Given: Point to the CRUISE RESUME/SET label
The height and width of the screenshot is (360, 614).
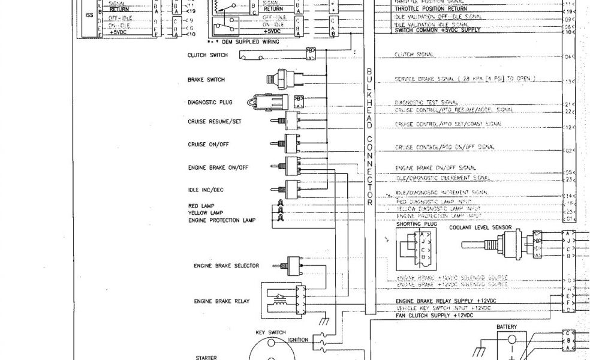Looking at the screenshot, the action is [214, 121].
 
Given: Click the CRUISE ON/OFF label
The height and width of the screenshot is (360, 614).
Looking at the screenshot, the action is [208, 145].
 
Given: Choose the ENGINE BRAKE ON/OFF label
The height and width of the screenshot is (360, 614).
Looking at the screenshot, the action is [218, 167].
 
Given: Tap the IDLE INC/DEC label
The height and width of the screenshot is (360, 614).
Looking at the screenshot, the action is [206, 190].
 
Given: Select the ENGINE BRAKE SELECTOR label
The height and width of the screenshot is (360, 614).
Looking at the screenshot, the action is [226, 265].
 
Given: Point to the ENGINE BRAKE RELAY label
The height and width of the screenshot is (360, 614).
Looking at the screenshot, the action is [221, 301].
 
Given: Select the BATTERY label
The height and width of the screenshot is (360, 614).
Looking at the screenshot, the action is [507, 327].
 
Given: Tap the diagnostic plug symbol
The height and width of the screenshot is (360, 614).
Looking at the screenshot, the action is [268, 102].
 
